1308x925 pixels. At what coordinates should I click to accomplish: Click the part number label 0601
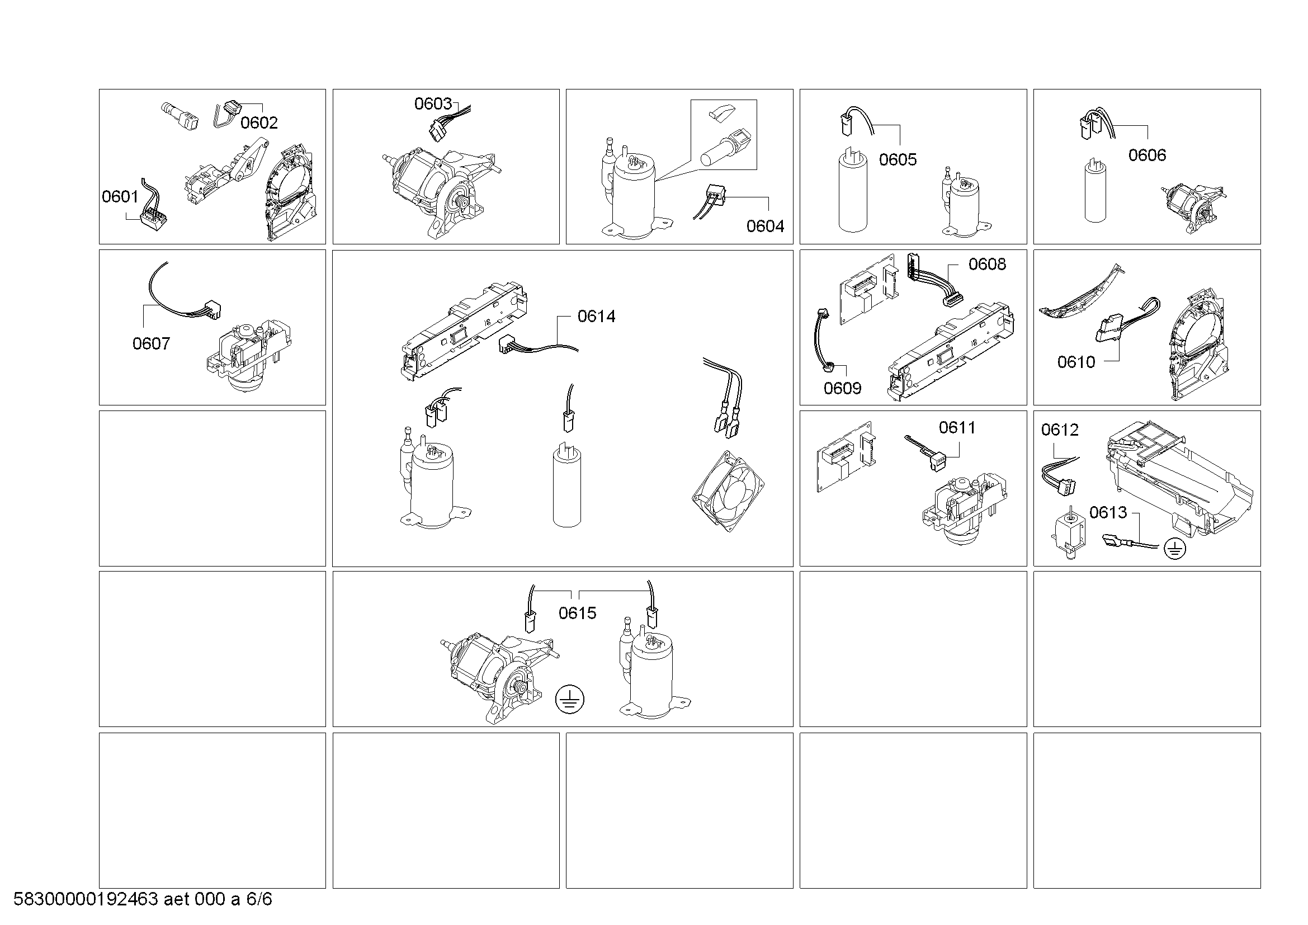pyautogui.click(x=120, y=196)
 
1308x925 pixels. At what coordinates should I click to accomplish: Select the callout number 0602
pyautogui.click(x=259, y=122)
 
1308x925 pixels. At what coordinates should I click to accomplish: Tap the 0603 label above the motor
pyautogui.click(x=433, y=103)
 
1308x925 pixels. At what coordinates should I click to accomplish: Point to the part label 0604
pyautogui.click(x=765, y=226)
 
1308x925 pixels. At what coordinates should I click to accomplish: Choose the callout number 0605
pyautogui.click(x=898, y=159)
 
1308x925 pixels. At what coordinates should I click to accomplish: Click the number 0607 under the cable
pyautogui.click(x=151, y=343)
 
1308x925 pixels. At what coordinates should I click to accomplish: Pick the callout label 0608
pyautogui.click(x=987, y=264)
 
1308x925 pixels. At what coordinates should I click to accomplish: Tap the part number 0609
pyautogui.click(x=843, y=389)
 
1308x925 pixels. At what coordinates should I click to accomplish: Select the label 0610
pyautogui.click(x=1076, y=362)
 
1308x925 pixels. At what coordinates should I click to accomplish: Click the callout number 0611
pyautogui.click(x=957, y=427)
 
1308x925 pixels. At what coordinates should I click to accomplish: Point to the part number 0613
pyautogui.click(x=1108, y=513)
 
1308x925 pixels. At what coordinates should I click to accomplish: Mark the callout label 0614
pyautogui.click(x=597, y=316)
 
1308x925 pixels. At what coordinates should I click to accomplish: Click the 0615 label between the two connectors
pyautogui.click(x=578, y=613)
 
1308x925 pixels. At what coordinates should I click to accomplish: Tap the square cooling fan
pyautogui.click(x=728, y=491)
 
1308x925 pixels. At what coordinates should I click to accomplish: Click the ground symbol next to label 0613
pyautogui.click(x=1175, y=549)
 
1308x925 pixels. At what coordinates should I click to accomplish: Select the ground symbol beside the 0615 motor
pyautogui.click(x=570, y=700)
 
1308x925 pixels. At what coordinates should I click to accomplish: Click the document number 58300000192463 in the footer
pyautogui.click(x=86, y=899)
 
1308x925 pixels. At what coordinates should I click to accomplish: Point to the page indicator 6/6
pyautogui.click(x=259, y=899)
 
